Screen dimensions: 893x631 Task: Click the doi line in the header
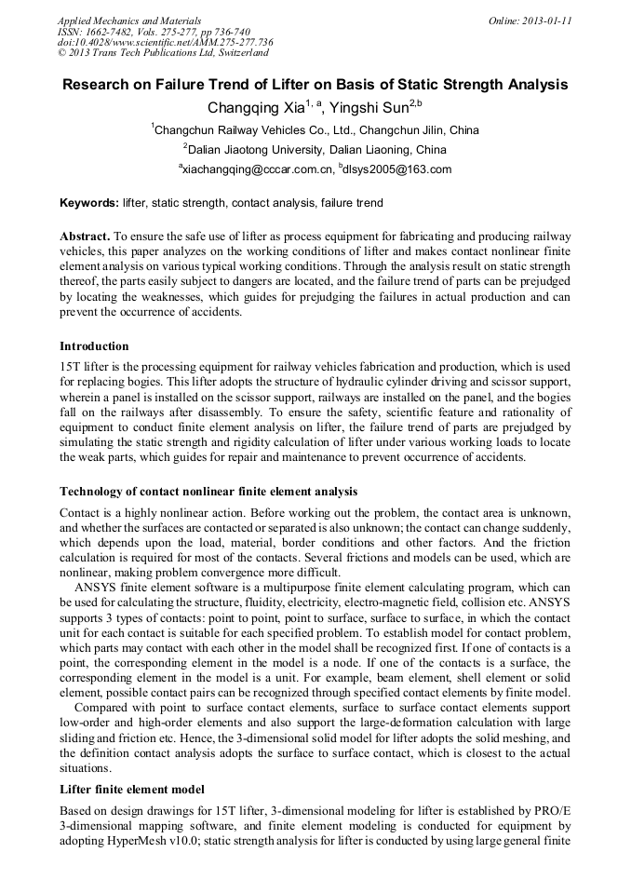pyautogui.click(x=165, y=42)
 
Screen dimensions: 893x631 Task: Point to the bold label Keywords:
pyautogui.click(x=89, y=202)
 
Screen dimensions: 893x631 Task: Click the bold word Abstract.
pyautogui.click(x=86, y=237)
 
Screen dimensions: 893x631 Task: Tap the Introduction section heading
pyautogui.click(x=94, y=346)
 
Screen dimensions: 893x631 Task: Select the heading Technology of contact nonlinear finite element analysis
pyautogui.click(x=208, y=491)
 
